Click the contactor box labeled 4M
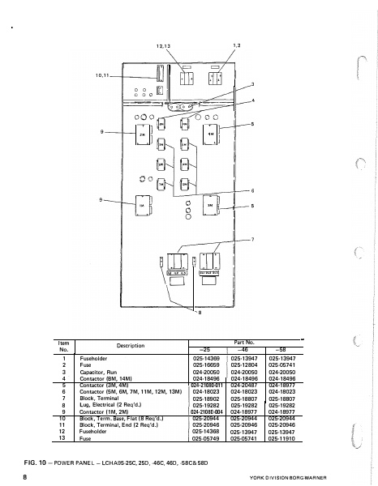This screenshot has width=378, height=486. point(220,133)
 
